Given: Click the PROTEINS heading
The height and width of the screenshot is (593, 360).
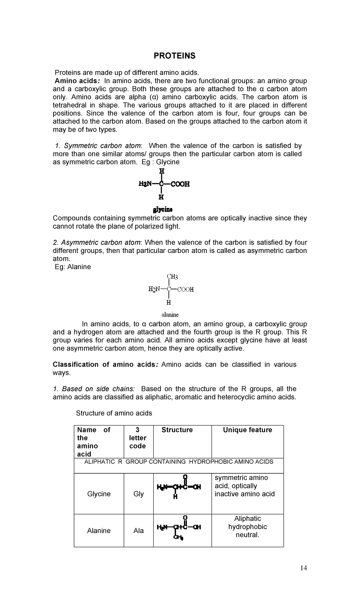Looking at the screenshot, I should [174, 56].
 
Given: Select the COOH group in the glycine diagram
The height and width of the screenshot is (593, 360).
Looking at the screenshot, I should [180, 184].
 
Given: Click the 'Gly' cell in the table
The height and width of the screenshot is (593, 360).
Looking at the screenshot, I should [138, 494].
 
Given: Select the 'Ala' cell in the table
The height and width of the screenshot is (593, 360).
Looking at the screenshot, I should [138, 531].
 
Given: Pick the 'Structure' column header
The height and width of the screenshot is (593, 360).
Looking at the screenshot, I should [177, 430].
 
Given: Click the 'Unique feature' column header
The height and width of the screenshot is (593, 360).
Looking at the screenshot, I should [247, 430].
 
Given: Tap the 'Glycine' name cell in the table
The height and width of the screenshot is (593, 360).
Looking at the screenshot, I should [99, 494].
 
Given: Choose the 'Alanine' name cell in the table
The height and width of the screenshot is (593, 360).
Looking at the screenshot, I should [99, 531].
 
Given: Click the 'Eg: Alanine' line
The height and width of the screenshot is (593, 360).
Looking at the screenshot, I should [73, 267].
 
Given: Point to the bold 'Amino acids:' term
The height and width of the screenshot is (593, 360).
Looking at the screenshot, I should [77, 81].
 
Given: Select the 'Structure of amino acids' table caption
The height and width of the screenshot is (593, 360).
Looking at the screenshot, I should [114, 413].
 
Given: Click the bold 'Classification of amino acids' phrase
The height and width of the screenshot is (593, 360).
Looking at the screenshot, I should [104, 365].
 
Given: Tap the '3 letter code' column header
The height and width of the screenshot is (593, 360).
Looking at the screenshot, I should [138, 438].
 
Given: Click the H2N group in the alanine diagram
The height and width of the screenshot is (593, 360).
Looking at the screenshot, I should [154, 289].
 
